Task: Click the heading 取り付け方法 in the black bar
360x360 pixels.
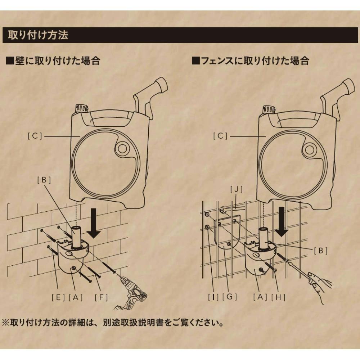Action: tap(38, 35)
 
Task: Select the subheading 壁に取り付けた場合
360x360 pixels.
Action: tap(53, 61)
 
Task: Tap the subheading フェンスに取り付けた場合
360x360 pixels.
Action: tap(251, 61)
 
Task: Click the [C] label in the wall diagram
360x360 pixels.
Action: tap(35, 136)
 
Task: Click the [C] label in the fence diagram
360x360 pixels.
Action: tap(220, 136)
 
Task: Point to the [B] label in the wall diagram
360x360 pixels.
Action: tap(44, 180)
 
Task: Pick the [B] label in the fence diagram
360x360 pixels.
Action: tap(320, 251)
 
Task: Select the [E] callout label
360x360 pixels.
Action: tap(58, 298)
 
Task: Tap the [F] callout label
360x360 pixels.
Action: tap(101, 298)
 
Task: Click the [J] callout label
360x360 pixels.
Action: tap(236, 189)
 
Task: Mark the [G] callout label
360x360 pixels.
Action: tap(230, 297)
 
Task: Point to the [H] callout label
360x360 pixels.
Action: tap(278, 297)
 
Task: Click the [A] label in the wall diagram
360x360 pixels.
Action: tap(76, 298)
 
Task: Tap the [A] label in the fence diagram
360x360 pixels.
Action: tap(260, 297)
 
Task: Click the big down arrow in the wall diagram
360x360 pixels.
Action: tap(94, 223)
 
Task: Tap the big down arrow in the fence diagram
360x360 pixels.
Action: tap(282, 221)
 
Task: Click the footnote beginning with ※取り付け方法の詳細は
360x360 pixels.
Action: tap(113, 323)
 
